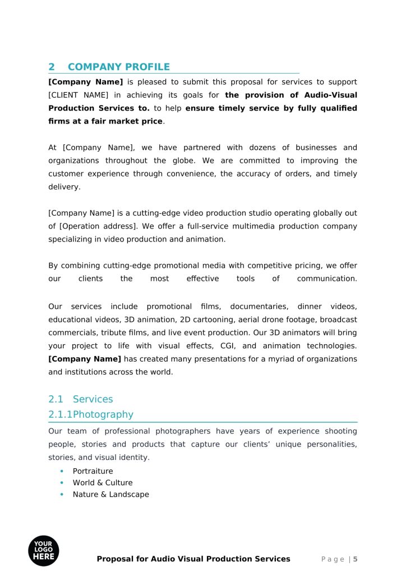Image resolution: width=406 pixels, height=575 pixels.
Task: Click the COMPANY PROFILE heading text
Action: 118,67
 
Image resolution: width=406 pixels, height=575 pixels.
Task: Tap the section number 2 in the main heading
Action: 52,67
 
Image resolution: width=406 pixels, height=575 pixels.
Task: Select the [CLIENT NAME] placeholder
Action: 76,95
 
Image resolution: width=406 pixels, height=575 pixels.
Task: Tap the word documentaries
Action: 259,307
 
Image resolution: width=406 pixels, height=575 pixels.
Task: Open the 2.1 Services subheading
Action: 81,399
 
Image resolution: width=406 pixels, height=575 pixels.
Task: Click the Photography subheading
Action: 103,414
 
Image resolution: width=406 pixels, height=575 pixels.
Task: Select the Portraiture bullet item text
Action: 93,471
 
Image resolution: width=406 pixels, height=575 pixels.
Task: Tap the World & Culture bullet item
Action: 103,483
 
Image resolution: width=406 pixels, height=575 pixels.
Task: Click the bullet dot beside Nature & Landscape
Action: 62,495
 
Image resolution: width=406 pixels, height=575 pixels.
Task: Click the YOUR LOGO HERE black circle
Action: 43,551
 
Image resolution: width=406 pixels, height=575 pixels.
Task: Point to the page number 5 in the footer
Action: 355,559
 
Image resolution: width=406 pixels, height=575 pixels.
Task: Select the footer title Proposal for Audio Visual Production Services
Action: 193,559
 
